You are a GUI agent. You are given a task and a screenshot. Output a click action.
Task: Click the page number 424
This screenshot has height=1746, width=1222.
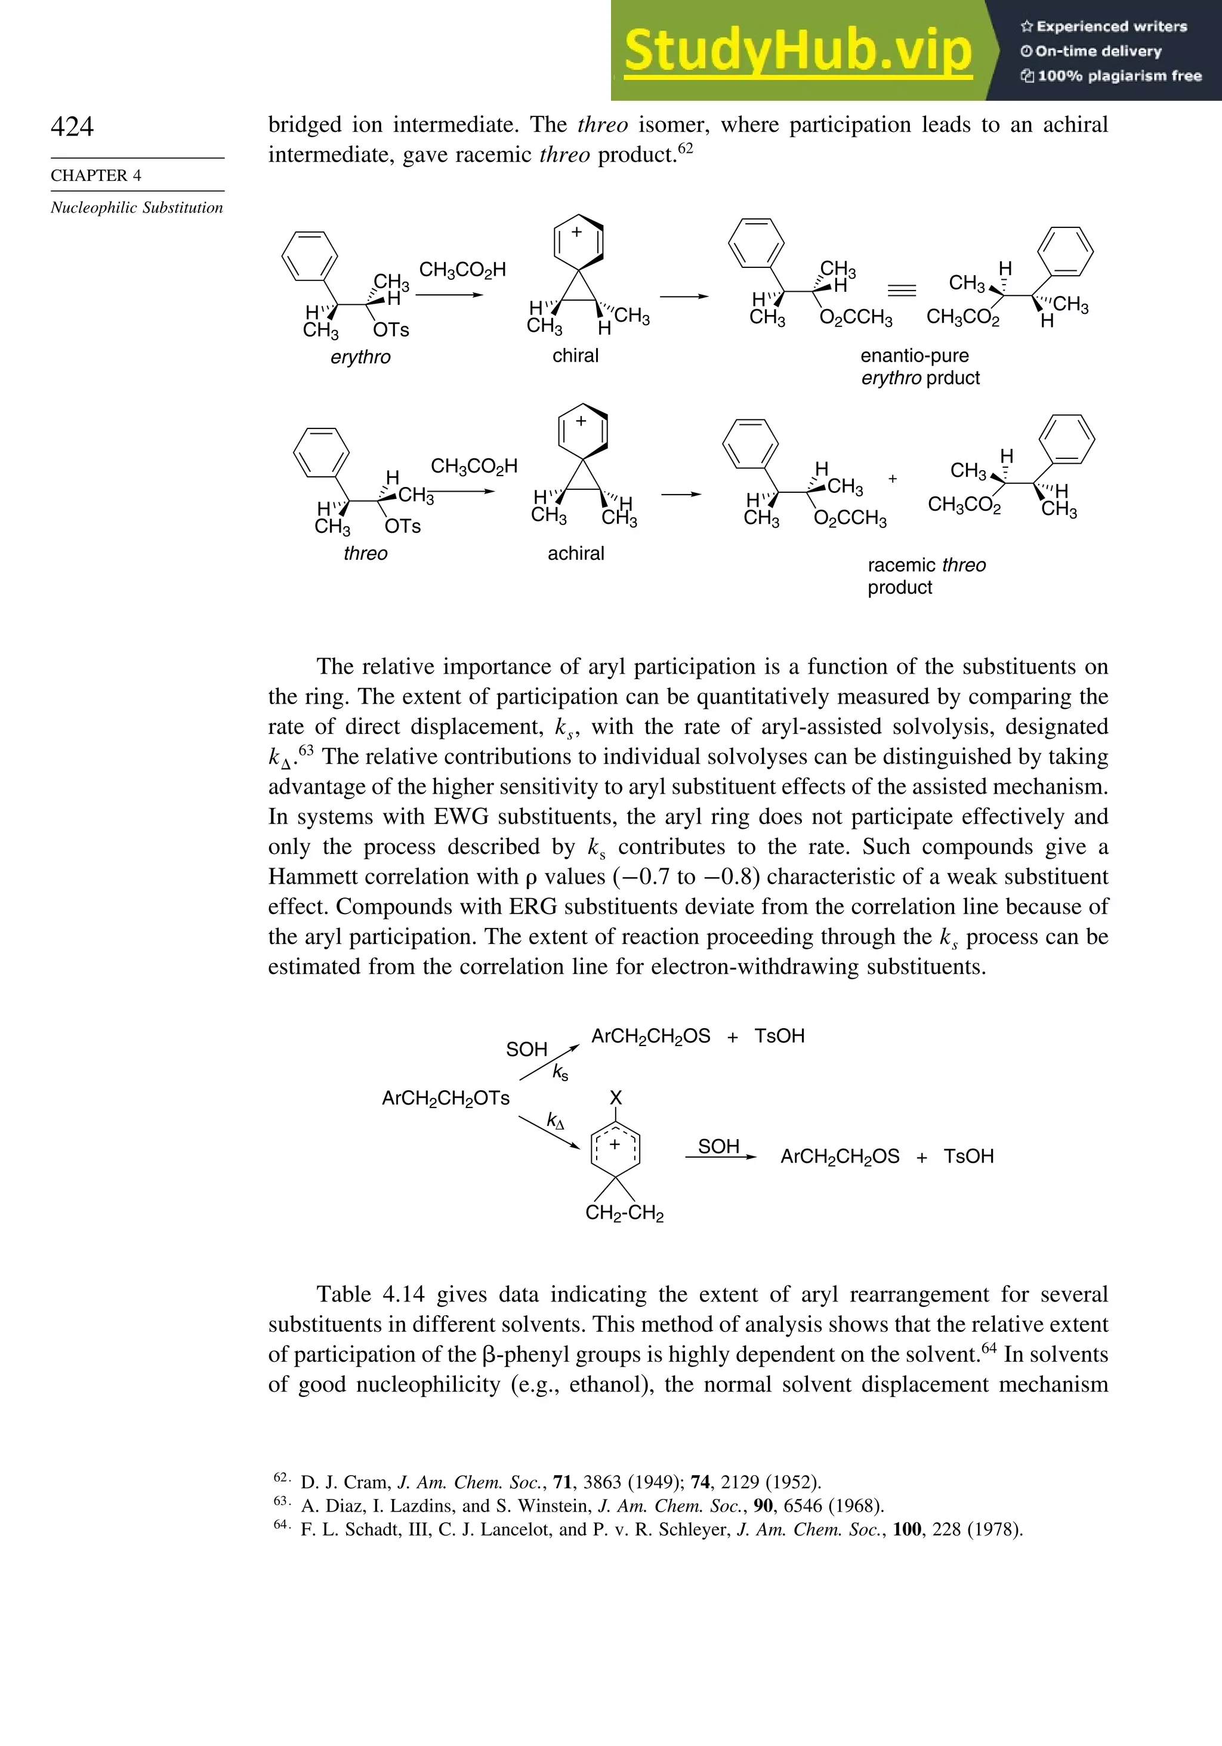point(72,127)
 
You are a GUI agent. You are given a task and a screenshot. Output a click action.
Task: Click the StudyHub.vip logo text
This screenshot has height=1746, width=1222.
point(798,50)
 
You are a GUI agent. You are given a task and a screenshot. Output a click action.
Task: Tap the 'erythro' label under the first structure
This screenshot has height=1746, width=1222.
point(360,357)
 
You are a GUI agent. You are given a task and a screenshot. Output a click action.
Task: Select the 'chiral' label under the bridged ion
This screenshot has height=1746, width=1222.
point(576,355)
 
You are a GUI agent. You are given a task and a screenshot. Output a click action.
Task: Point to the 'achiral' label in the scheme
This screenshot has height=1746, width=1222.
point(576,553)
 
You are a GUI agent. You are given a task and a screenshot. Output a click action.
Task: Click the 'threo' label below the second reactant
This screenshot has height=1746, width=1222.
point(365,553)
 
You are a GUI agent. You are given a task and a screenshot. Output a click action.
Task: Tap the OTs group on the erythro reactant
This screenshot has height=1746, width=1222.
point(391,330)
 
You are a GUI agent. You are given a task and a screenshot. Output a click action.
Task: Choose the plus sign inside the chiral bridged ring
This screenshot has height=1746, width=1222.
point(577,232)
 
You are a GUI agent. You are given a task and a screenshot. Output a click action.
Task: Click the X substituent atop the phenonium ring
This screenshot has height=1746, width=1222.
point(616,1097)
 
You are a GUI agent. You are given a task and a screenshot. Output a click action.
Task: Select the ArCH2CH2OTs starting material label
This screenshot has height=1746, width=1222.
point(446,1098)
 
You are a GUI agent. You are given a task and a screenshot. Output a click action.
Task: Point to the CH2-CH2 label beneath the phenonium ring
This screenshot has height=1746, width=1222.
point(624,1213)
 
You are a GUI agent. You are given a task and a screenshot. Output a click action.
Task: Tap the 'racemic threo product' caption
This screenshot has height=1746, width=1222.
point(926,576)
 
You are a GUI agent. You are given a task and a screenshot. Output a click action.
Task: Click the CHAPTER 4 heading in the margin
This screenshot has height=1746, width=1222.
point(96,175)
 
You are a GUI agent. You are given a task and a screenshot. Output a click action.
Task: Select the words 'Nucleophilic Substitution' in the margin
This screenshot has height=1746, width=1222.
point(137,208)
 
